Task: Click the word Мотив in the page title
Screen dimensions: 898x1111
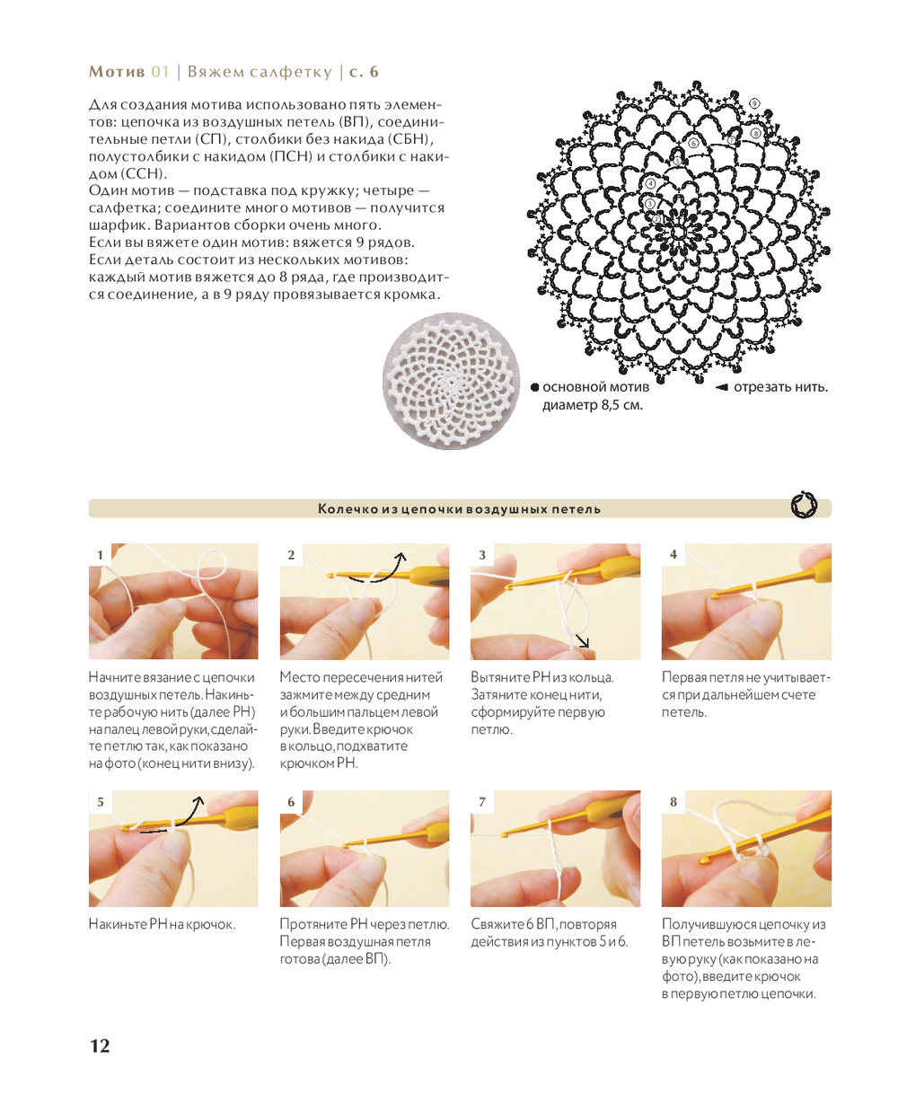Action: pyautogui.click(x=117, y=71)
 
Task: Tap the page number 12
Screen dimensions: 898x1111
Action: pyautogui.click(x=100, y=1045)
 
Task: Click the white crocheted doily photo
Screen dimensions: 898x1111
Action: pyautogui.click(x=451, y=380)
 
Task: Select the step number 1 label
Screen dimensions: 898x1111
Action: pyautogui.click(x=100, y=554)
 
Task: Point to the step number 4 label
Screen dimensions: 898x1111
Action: pyautogui.click(x=673, y=554)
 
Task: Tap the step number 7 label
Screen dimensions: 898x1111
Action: pyautogui.click(x=482, y=801)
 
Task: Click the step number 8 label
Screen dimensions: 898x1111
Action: pyautogui.click(x=673, y=801)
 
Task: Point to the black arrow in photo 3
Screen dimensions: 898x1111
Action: pyautogui.click(x=582, y=640)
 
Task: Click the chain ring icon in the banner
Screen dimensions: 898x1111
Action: pyautogui.click(x=803, y=505)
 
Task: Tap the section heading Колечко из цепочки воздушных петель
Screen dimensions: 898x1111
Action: pyautogui.click(x=459, y=508)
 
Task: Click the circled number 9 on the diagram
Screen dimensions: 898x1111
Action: pyautogui.click(x=754, y=103)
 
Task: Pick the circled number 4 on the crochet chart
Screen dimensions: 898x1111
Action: pyautogui.click(x=650, y=183)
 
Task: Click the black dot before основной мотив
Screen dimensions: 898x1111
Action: pyautogui.click(x=534, y=387)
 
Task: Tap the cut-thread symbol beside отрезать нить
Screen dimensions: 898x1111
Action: pyautogui.click(x=721, y=387)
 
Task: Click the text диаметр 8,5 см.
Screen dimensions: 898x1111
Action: pyautogui.click(x=593, y=405)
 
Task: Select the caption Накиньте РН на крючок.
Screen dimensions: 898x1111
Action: pyautogui.click(x=163, y=924)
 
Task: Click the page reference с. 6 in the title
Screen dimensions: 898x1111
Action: pyautogui.click(x=364, y=71)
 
